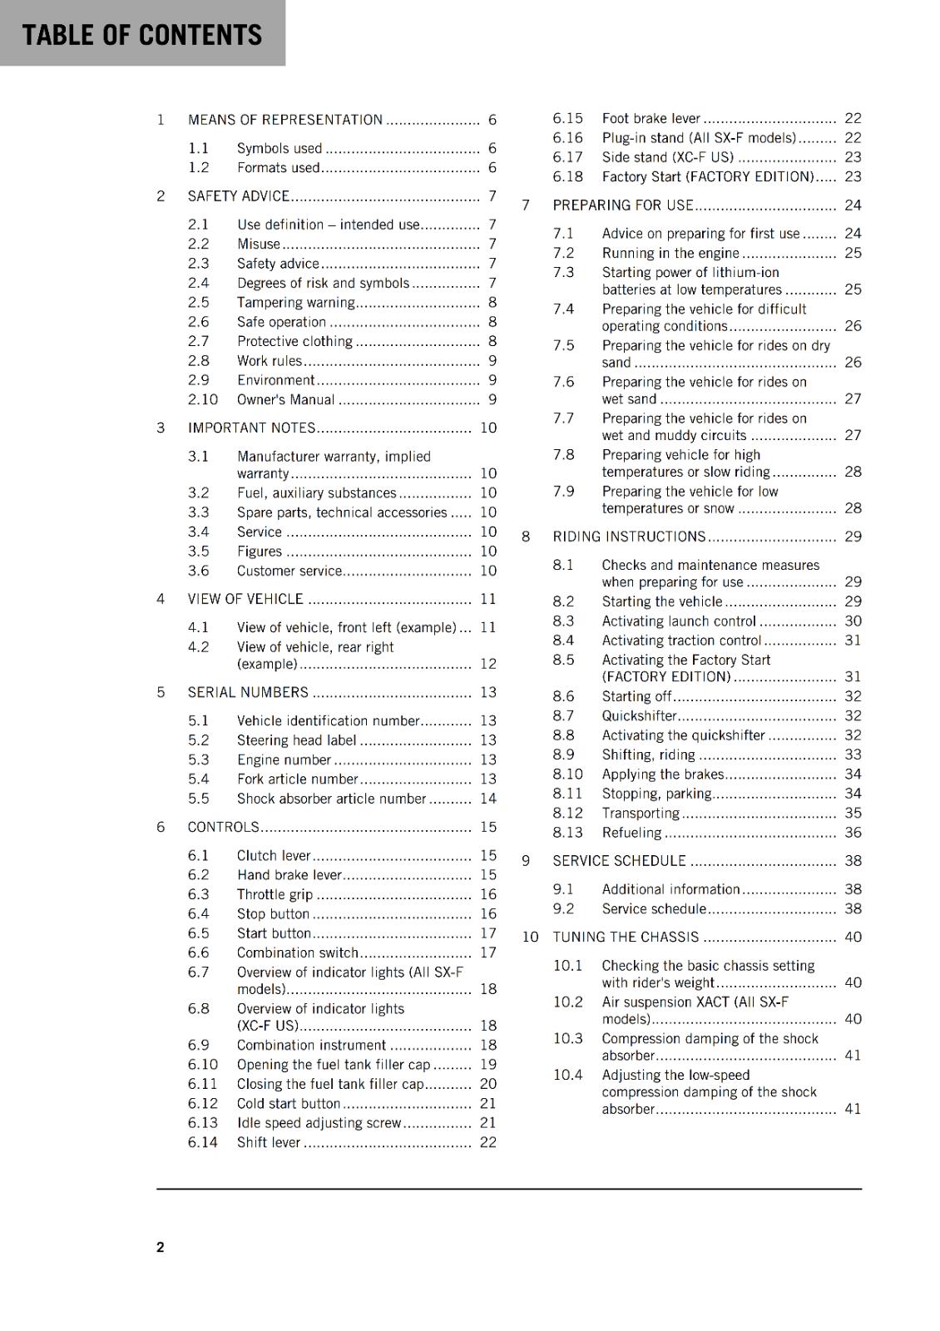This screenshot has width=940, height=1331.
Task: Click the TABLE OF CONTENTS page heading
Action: coord(141,35)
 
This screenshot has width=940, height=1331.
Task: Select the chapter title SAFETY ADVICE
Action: coord(238,196)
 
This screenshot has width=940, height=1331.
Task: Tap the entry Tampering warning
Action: coord(295,303)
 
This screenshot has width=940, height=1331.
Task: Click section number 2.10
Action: coord(202,400)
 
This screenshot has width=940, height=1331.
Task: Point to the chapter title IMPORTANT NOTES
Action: coord(251,428)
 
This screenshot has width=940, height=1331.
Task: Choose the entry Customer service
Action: coord(289,571)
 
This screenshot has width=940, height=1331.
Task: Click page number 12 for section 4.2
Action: coord(487,664)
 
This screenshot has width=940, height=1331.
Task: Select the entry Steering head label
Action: coord(296,740)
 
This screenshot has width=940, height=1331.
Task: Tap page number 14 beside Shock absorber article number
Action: coord(487,799)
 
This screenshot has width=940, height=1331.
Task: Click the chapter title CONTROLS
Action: coord(223,828)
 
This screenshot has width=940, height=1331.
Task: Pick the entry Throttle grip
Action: coord(275,895)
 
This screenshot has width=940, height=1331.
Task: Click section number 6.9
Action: coord(198,1046)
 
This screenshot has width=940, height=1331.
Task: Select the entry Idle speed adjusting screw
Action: coord(319,1123)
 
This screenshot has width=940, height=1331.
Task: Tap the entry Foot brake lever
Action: coord(651,119)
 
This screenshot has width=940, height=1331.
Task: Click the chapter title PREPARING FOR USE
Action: coord(622,205)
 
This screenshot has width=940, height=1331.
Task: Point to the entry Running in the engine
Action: coord(670,254)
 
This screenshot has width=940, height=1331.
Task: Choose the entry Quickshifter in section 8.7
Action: coord(639,716)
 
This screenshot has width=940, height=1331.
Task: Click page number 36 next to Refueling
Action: coord(853,833)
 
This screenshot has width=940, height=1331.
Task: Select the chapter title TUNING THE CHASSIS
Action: coord(626,938)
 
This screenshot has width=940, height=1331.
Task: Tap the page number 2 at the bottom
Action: coord(161,1247)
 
